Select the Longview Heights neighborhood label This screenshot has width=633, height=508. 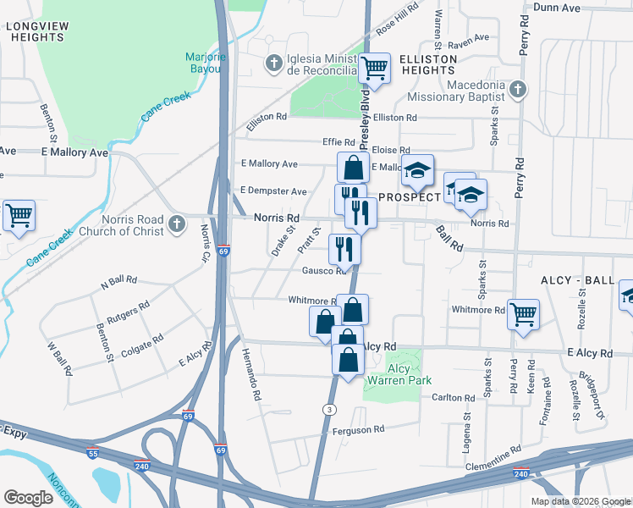coord(36,32)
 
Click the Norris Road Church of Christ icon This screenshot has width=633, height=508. coord(176,224)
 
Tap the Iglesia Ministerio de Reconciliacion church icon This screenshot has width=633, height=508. coord(272,62)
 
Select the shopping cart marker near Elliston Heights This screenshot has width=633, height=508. coord(373,68)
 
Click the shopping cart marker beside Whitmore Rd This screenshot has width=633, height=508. coord(523,313)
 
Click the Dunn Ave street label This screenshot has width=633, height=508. coord(557,8)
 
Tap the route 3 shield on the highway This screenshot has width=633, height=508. coord(328,409)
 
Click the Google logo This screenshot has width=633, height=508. coord(28,497)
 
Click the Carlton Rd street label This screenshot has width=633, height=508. coord(453,398)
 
